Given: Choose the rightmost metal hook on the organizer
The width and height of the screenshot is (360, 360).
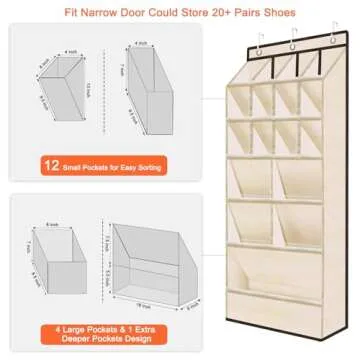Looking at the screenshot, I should (327, 43).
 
